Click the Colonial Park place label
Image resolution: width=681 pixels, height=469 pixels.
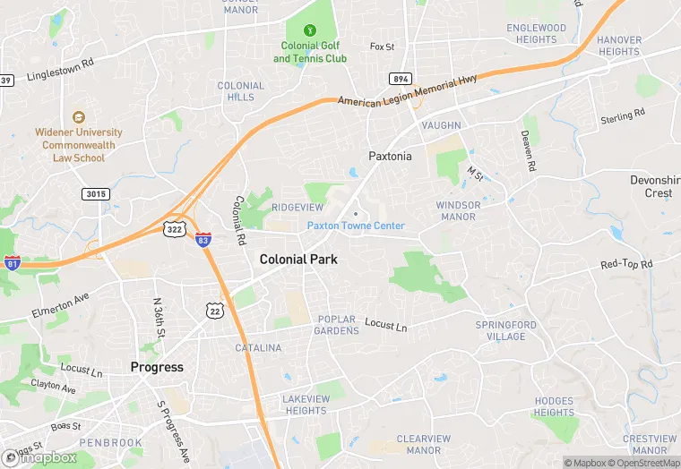click(298, 259)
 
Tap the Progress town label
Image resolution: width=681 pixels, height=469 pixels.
click(157, 367)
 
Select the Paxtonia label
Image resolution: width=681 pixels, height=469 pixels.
click(390, 156)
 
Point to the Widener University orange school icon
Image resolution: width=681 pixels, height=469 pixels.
click(79, 116)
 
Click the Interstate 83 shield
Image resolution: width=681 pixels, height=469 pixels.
click(204, 239)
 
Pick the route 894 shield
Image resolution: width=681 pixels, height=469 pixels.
click(401, 79)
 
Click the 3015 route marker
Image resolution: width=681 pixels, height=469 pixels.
click(93, 193)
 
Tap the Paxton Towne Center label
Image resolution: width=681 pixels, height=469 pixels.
click(356, 226)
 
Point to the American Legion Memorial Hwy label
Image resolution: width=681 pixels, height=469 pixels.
click(408, 92)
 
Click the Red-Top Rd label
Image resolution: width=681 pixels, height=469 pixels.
click(626, 265)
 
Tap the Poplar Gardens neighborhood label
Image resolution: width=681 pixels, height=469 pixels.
click(336, 325)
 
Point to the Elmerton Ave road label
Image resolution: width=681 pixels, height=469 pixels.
click(60, 304)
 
